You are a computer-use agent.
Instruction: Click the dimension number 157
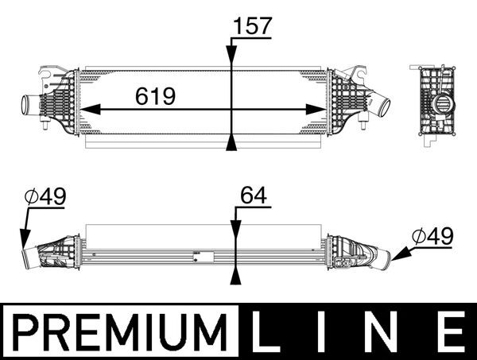253,25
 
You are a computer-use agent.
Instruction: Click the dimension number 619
155,97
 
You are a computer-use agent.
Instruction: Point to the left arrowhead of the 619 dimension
87,110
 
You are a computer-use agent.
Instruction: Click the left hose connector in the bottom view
32,256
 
